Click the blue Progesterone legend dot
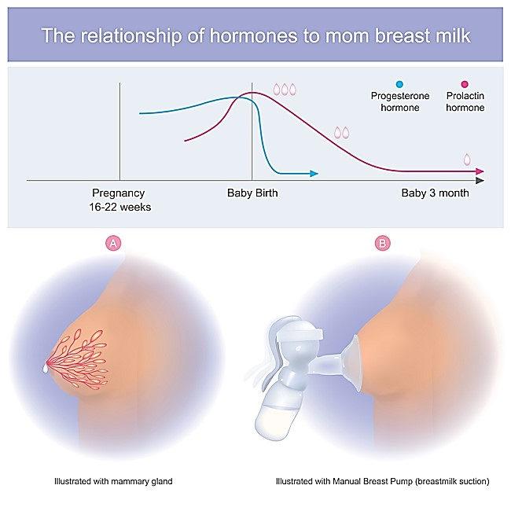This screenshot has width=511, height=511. click(x=399, y=84)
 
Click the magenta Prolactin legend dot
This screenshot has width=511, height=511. click(x=465, y=84)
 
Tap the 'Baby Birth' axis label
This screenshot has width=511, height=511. click(x=252, y=193)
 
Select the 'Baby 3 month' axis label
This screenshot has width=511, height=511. click(x=435, y=193)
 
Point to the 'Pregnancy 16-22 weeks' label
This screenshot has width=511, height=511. click(x=120, y=200)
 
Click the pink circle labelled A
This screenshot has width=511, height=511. click(x=113, y=244)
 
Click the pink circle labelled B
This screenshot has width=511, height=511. click(x=383, y=244)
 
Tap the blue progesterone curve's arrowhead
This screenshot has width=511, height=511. click(x=314, y=174)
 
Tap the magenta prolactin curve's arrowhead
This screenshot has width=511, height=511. click(x=480, y=171)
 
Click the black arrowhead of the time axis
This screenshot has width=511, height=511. click(x=480, y=180)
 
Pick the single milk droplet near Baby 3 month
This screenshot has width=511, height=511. click(x=467, y=160)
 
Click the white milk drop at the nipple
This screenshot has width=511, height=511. click(x=46, y=369)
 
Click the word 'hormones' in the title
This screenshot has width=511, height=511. click(x=253, y=35)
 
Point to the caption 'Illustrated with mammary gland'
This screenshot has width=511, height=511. click(x=113, y=481)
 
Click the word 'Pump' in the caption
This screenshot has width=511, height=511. click(x=403, y=481)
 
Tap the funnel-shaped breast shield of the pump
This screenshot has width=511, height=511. click(x=351, y=362)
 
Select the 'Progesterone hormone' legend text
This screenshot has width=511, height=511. click(x=400, y=101)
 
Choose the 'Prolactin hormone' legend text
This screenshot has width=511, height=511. click(x=465, y=101)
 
